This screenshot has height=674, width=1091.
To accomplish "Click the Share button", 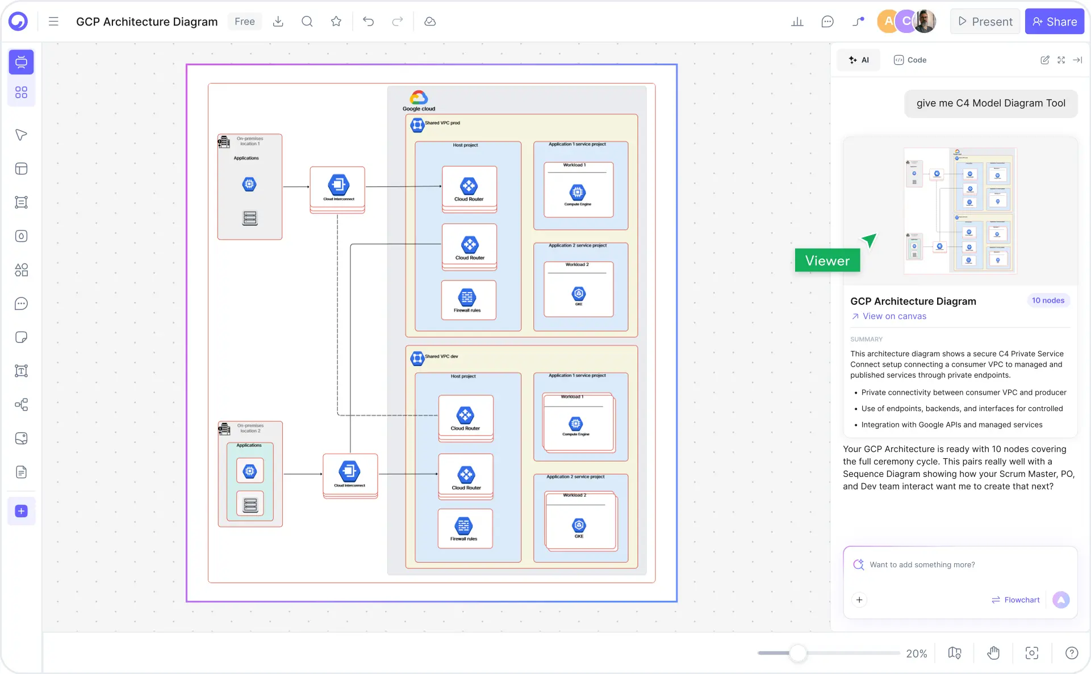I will (x=1054, y=22).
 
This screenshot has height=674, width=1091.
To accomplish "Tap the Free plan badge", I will (x=245, y=22).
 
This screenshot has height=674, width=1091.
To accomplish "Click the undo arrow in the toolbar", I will (x=368, y=22).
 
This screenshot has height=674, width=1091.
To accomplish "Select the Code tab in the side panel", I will (x=910, y=60).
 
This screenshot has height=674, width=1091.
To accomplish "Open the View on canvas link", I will (x=894, y=316).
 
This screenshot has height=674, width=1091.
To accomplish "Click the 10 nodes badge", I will (x=1048, y=300).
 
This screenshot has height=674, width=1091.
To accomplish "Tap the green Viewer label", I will (x=827, y=261).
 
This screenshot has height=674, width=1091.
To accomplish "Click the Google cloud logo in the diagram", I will (x=419, y=98).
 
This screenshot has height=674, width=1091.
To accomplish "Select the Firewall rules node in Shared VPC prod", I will (x=468, y=300).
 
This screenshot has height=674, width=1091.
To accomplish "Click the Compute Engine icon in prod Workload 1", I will (x=578, y=192).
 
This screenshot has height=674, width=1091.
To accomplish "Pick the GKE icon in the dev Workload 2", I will (x=579, y=525).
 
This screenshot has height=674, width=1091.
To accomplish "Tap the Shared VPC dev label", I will (x=441, y=357).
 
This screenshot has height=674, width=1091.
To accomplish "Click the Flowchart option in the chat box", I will (x=1015, y=600).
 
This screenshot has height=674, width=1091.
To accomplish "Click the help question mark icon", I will (x=1071, y=653).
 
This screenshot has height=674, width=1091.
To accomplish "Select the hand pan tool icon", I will (x=993, y=653).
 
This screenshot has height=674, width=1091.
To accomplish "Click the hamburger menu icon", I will (x=53, y=22).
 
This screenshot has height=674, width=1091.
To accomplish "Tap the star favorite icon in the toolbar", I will (x=336, y=22).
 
